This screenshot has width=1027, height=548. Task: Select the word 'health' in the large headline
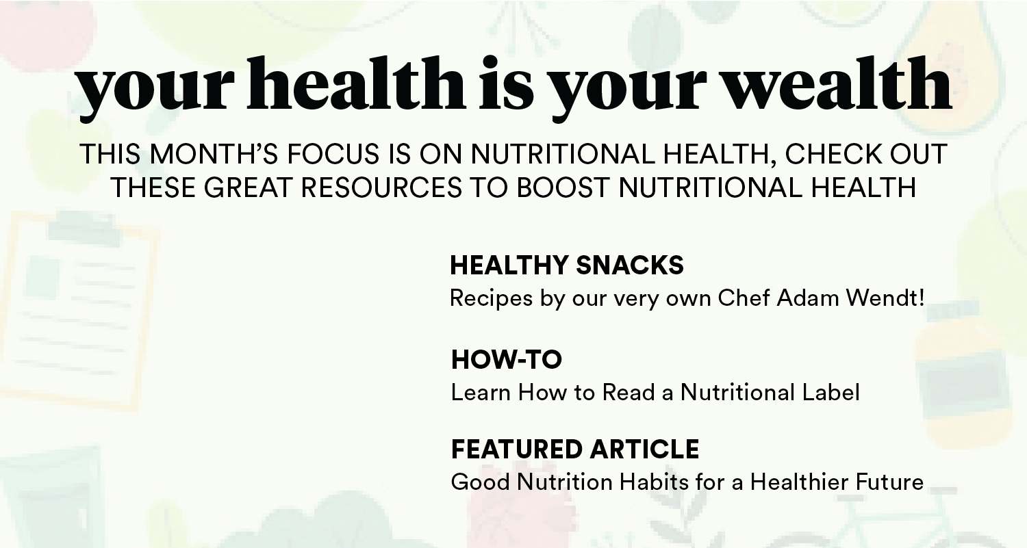[x=356, y=84]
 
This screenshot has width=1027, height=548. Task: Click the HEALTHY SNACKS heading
[x=567, y=265]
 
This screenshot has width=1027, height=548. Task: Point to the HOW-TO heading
[x=507, y=359]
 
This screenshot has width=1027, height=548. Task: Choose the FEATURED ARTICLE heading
[x=575, y=449]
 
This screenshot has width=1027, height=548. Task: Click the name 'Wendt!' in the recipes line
[x=885, y=298]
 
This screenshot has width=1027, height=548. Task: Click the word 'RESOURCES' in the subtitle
[x=381, y=187]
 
